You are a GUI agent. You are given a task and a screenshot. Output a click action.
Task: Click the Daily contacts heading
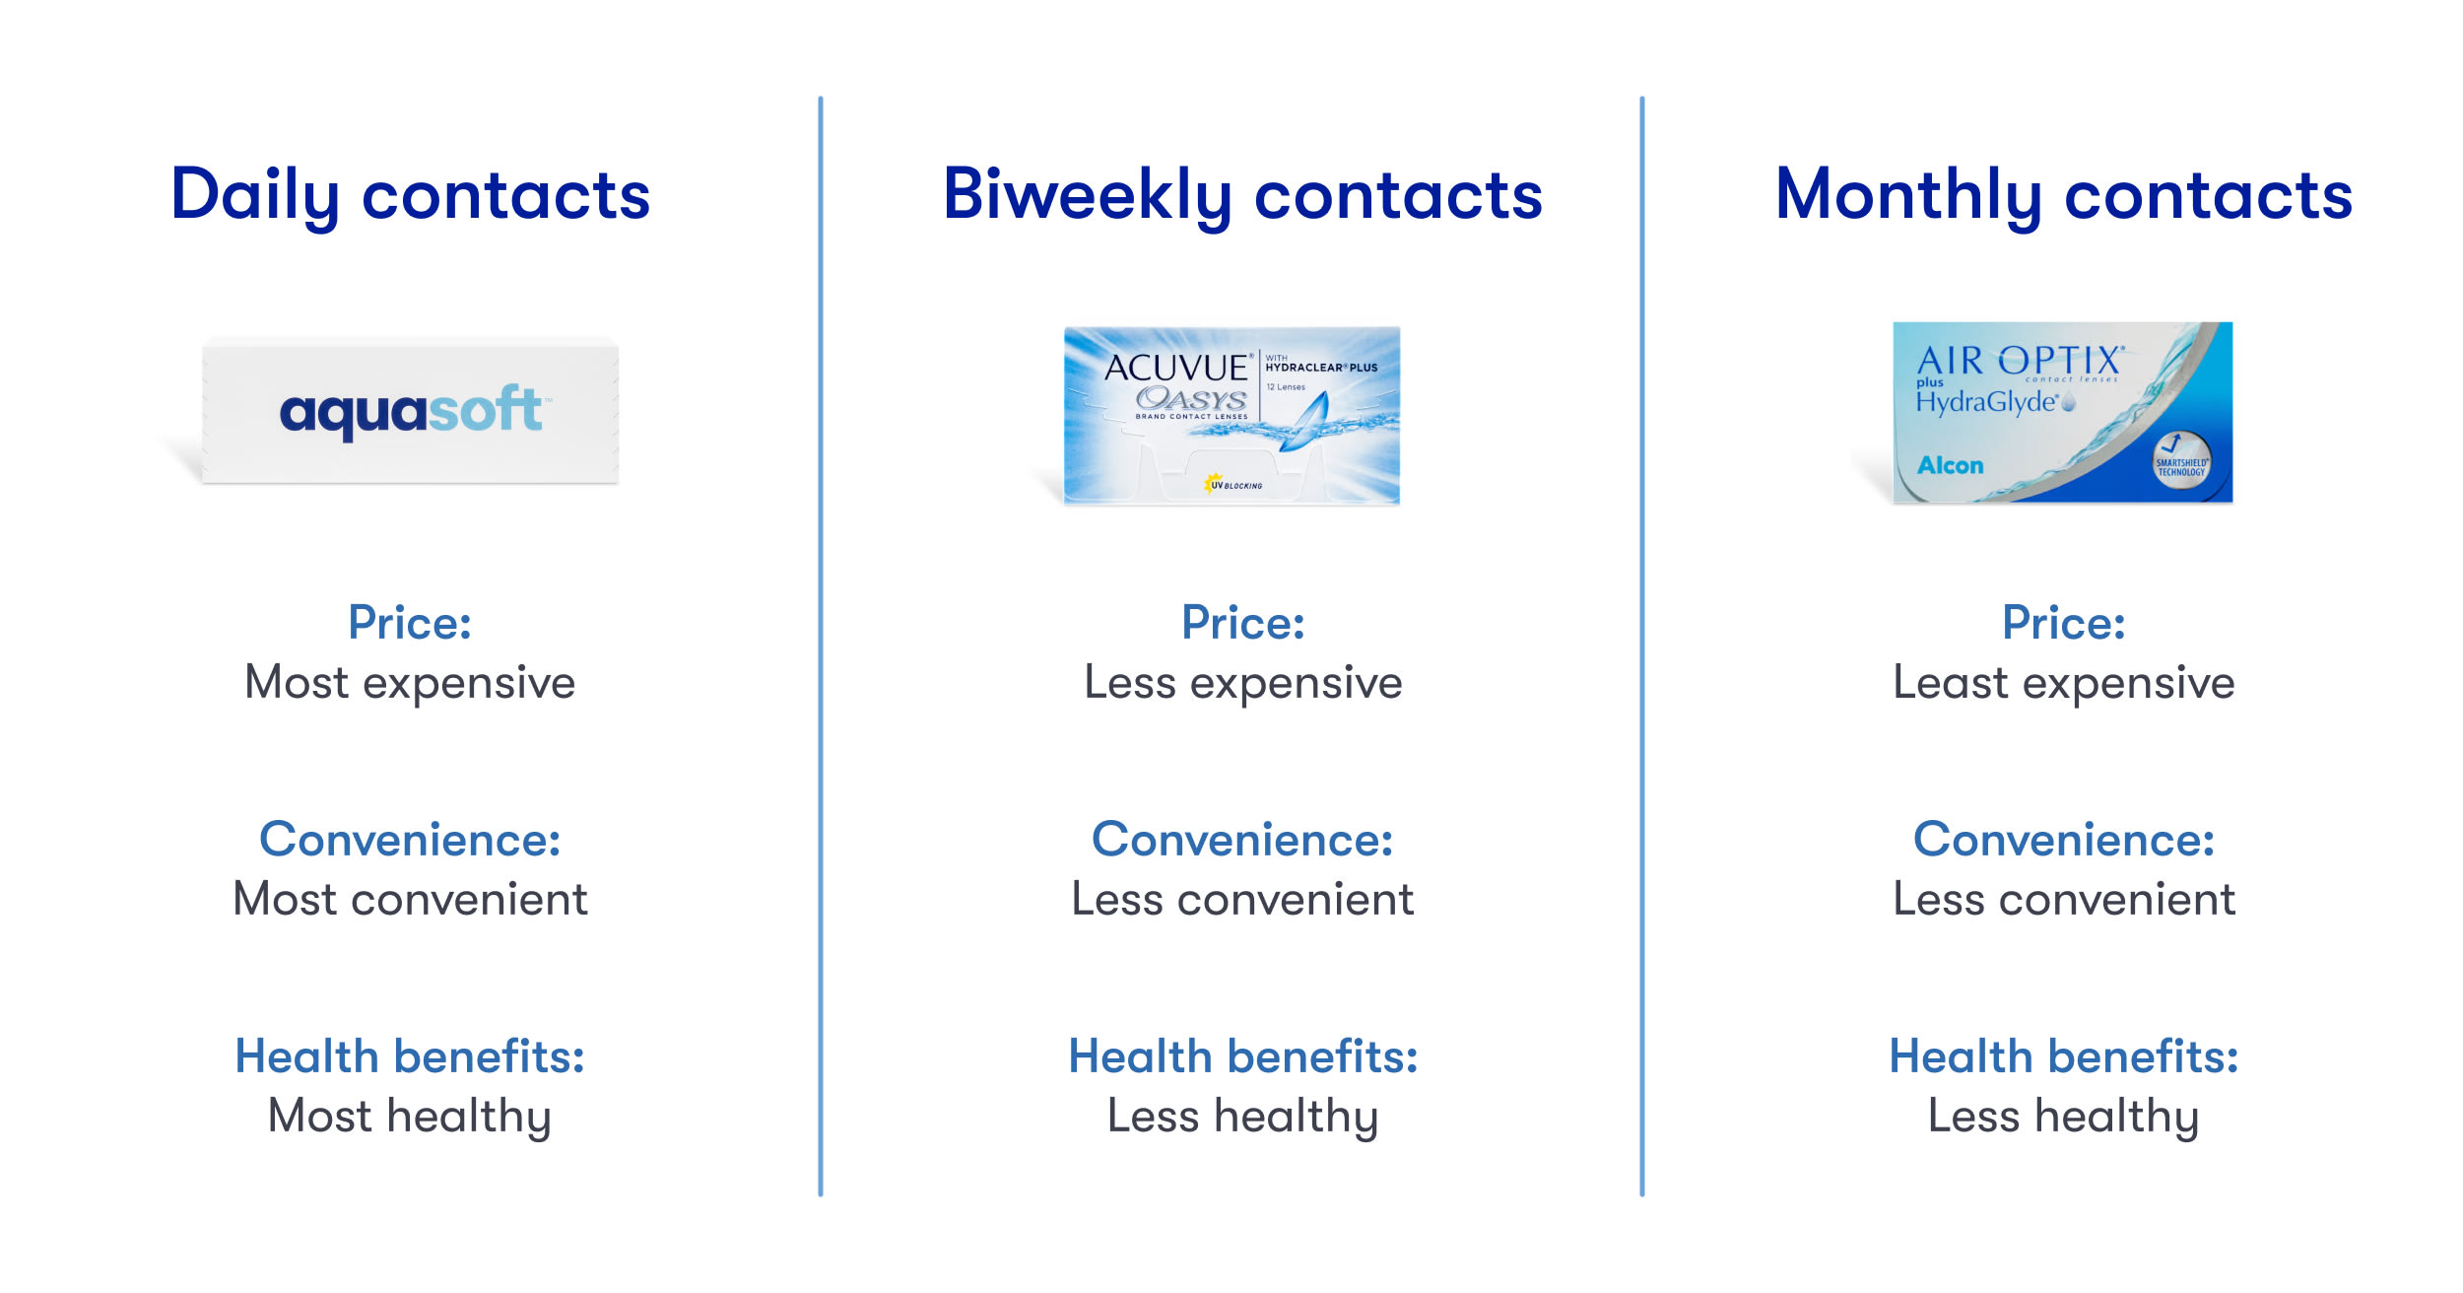click(x=410, y=195)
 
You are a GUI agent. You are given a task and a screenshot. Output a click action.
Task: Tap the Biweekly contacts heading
click(x=1242, y=195)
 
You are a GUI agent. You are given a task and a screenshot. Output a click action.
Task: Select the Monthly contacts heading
click(x=2064, y=195)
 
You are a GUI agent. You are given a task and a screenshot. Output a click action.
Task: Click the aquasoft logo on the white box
click(x=411, y=411)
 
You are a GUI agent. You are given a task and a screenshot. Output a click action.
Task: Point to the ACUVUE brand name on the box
click(x=1176, y=368)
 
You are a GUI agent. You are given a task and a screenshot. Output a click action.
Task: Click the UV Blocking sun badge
click(x=1232, y=484)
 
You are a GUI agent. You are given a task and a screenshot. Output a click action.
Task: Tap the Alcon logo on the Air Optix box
click(x=1951, y=465)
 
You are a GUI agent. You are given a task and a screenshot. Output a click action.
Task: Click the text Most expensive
click(x=410, y=683)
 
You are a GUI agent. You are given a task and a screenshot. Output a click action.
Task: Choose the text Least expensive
click(x=2064, y=683)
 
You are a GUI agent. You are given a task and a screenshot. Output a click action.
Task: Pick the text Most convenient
click(x=410, y=899)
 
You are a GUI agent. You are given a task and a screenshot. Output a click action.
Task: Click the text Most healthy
click(x=410, y=1117)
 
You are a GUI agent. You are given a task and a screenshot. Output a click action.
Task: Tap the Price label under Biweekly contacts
click(x=1243, y=623)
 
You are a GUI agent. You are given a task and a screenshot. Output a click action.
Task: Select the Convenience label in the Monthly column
click(x=2064, y=840)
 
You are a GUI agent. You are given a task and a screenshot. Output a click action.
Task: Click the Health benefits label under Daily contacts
click(x=410, y=1056)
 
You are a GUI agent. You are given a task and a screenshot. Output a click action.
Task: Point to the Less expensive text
click(x=1243, y=683)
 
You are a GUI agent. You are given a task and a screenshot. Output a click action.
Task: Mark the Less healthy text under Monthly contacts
click(x=2064, y=1117)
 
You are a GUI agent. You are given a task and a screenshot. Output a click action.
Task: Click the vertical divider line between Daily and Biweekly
click(x=821, y=646)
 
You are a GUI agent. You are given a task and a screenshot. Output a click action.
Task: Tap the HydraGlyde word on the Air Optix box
click(x=1986, y=402)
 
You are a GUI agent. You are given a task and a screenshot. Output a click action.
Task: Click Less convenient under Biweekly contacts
click(x=1243, y=899)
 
